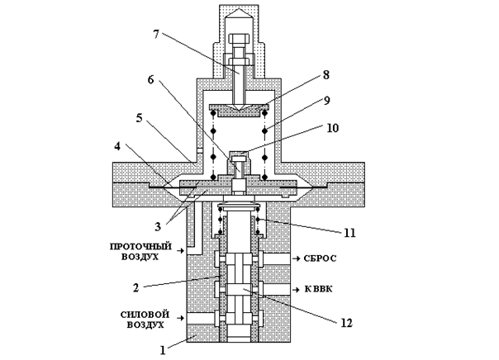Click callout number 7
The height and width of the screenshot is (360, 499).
(x=156, y=35)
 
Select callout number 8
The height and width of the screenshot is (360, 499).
(x=326, y=75)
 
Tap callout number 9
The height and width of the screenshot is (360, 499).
(x=327, y=101)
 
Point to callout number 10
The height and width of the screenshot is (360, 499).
(x=332, y=128)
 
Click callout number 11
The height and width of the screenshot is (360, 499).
(x=349, y=233)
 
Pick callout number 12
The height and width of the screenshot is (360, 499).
(x=346, y=323)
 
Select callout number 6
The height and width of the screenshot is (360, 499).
(x=150, y=79)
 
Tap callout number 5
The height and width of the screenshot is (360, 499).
(x=140, y=118)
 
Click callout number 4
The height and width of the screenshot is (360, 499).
(x=117, y=147)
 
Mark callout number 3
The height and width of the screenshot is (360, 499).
(x=158, y=227)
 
